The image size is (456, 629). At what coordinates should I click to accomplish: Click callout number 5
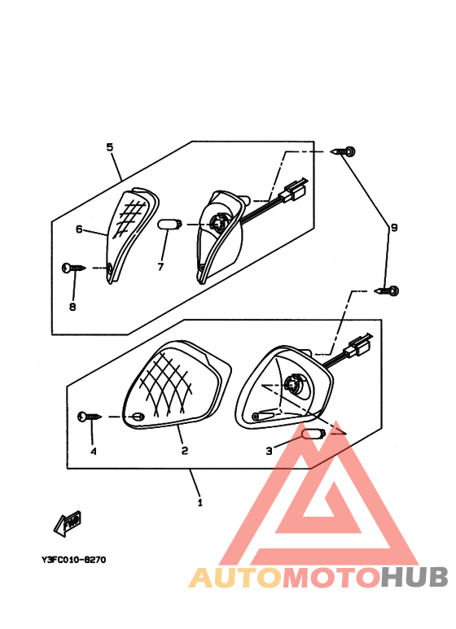pyautogui.click(x=110, y=147)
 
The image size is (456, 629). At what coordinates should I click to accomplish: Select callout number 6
pyautogui.click(x=80, y=229)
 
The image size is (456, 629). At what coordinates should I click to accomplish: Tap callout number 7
pyautogui.click(x=160, y=266)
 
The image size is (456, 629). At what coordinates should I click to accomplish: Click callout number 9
pyautogui.click(x=393, y=229)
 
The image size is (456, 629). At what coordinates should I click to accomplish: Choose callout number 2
pyautogui.click(x=185, y=450)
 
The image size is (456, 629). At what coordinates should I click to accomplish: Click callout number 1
pyautogui.click(x=199, y=503)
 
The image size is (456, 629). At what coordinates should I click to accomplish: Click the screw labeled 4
pyautogui.click(x=90, y=417)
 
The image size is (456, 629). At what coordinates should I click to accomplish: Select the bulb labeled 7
pyautogui.click(x=168, y=225)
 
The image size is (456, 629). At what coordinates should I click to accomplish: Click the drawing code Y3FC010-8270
pyautogui.click(x=73, y=560)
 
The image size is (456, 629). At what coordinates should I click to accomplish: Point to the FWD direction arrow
pyautogui.click(x=68, y=523)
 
